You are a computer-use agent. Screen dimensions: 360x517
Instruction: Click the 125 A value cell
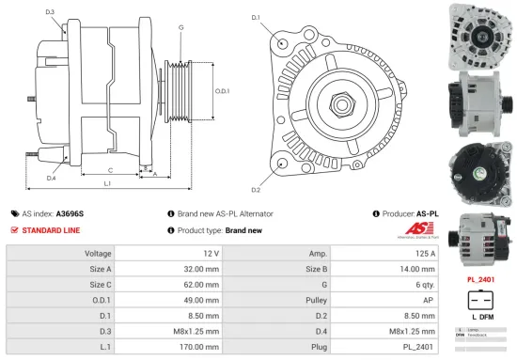pyautogui.click(x=424, y=253)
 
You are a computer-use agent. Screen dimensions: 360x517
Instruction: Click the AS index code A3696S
pyautogui.click(x=71, y=213)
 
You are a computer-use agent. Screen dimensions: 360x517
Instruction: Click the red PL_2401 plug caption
pyautogui.click(x=481, y=279)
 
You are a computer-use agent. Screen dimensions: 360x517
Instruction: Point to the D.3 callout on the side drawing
pyautogui.click(x=50, y=12)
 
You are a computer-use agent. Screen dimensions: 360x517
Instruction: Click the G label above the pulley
pyautogui.click(x=180, y=28)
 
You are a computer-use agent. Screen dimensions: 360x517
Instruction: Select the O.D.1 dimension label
pyautogui.click(x=222, y=91)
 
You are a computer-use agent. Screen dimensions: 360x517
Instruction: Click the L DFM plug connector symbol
pyautogui.click(x=480, y=306)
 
